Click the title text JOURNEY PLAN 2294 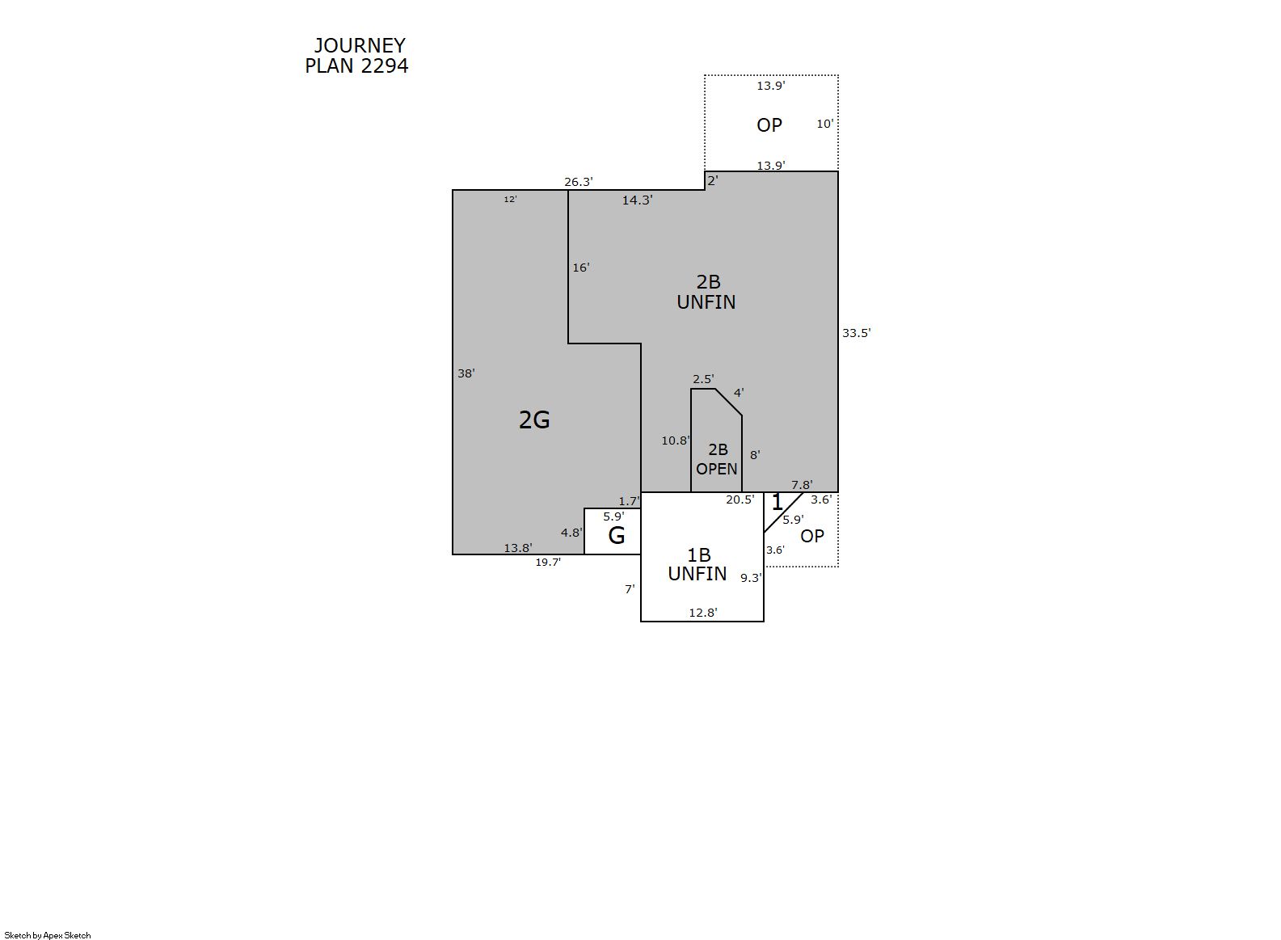356,56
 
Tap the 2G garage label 534,420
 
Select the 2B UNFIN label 706,292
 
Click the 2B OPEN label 717,459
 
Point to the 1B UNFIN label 697,564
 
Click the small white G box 612,531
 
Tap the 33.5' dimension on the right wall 856,333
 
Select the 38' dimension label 466,373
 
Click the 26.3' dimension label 578,182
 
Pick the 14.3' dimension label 637,200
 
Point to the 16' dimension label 581,268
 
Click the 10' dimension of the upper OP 824,124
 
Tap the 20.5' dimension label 740,500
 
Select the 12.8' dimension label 703,613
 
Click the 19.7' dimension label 548,563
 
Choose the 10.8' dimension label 676,440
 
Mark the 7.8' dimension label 802,485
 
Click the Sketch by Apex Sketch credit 48,935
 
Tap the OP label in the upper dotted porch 769,124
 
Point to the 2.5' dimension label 703,379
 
